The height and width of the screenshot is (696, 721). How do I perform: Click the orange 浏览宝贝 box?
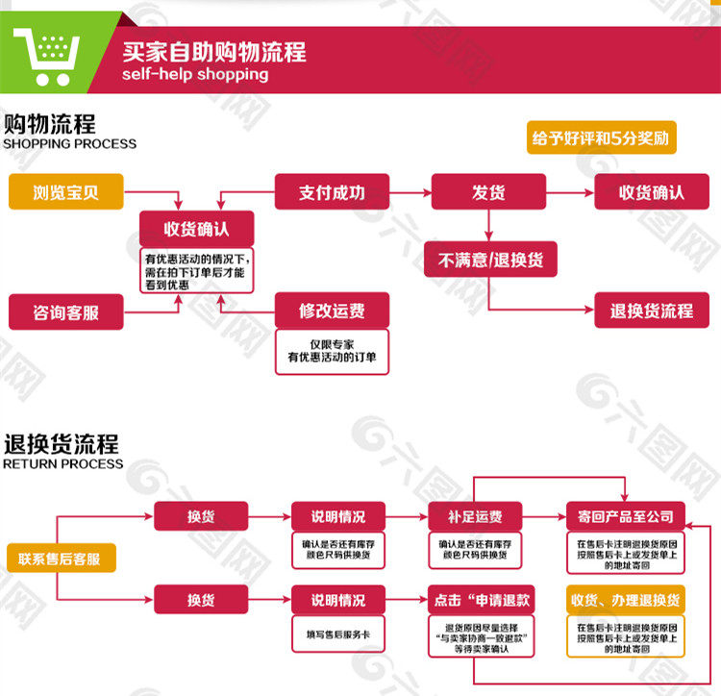pos(66,193)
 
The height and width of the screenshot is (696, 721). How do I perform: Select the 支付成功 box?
pos(332,192)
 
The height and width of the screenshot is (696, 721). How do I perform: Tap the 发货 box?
pos(488,192)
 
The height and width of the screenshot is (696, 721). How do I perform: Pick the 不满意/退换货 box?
pos(490,260)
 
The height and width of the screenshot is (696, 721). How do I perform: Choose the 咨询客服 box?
pos(66,312)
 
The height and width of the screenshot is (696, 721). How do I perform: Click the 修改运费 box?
pos(332,311)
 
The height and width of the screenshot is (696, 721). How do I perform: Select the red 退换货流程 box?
pos(651,311)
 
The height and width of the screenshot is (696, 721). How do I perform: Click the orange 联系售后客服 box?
pos(60,559)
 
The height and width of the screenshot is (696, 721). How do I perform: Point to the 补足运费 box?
pos(475,516)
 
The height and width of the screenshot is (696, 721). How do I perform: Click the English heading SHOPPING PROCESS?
pos(69,144)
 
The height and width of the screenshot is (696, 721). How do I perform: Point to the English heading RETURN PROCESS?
pos(63,463)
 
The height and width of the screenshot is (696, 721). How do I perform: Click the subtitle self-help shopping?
pos(195,74)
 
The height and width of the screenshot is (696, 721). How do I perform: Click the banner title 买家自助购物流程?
pos(213,51)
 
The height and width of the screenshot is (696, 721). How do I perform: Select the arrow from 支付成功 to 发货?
pos(410,192)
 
